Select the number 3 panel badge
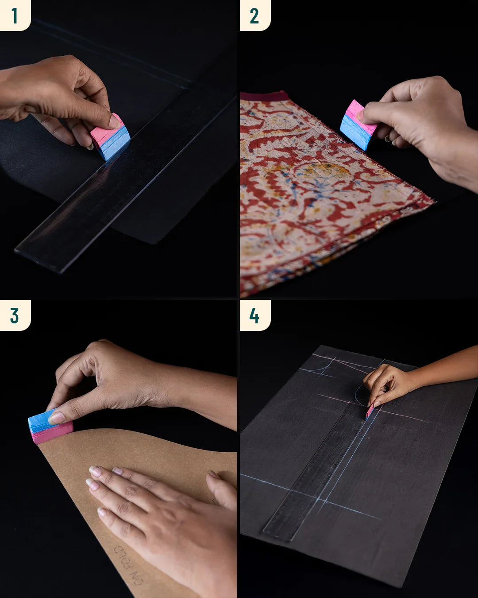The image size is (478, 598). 15,315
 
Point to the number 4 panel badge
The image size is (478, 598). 254,315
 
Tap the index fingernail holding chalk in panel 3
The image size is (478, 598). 57,417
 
